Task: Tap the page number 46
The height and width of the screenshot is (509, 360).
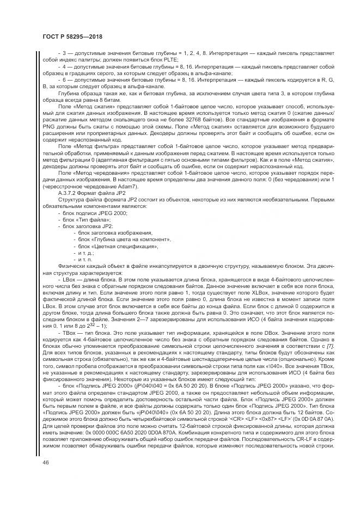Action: coord(40,462)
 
